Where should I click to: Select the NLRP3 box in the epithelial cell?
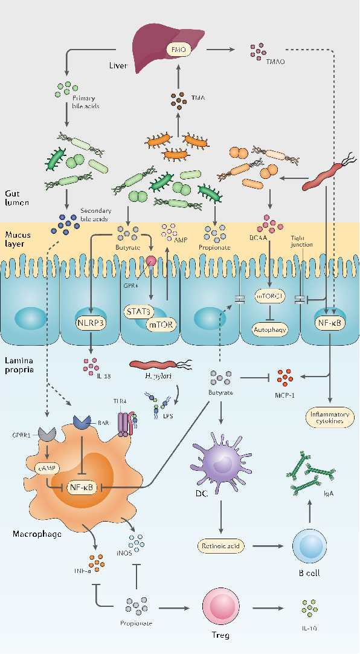click(x=90, y=323)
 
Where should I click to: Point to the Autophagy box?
click(x=269, y=329)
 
